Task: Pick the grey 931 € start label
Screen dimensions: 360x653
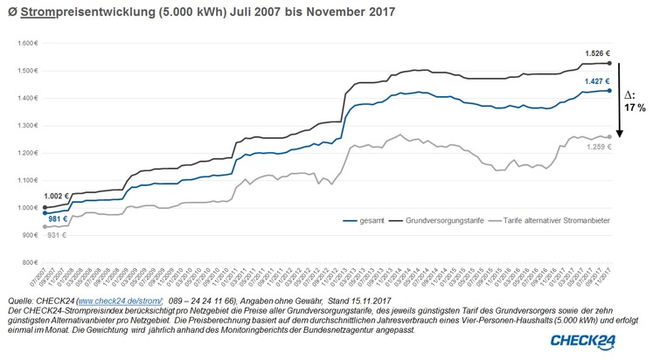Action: click(56, 236)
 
